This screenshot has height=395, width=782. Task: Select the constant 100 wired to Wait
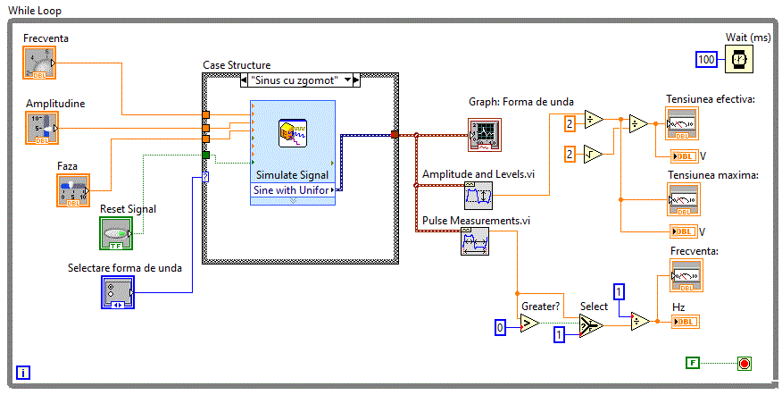tap(707, 59)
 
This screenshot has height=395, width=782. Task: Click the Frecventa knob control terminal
tap(38, 63)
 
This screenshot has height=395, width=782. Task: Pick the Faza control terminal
tap(73, 189)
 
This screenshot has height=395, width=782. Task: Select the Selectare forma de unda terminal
tap(117, 292)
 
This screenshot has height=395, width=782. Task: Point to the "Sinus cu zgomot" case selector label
tap(294, 80)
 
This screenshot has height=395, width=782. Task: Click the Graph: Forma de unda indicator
tap(482, 135)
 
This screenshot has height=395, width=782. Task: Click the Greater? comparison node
tap(530, 324)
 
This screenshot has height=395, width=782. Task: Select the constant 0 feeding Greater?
tap(502, 330)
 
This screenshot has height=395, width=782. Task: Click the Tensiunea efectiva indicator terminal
tap(680, 123)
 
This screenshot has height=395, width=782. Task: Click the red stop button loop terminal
tap(744, 363)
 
